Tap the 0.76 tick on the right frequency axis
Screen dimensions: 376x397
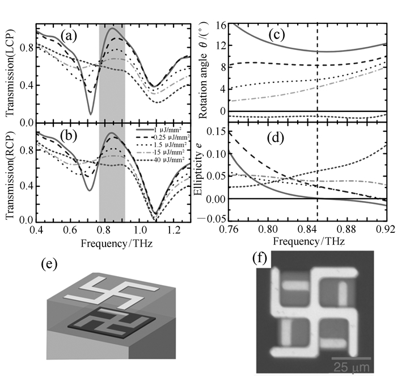tap(212, 231)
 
